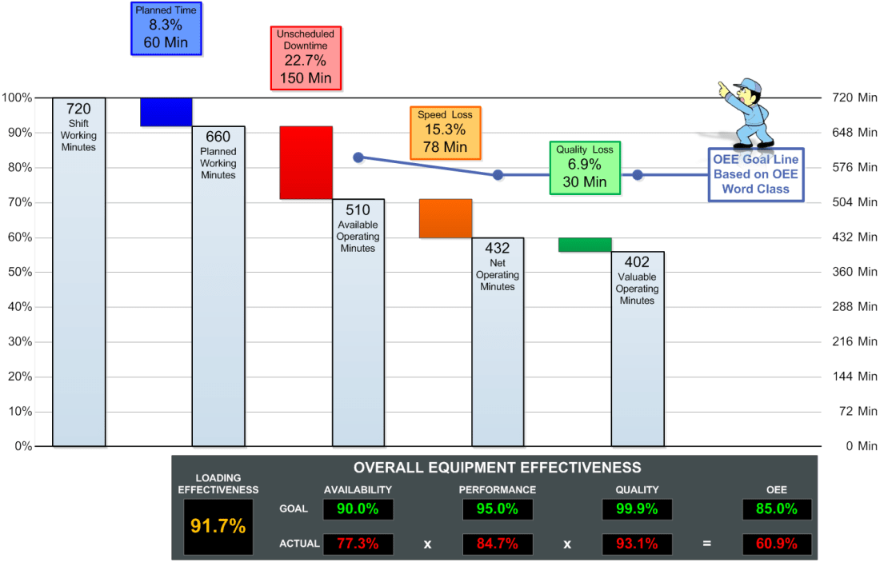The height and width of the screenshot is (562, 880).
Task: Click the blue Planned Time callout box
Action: [x=166, y=28]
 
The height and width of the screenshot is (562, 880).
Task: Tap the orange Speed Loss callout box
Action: [x=445, y=132]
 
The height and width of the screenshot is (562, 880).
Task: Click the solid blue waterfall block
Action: [x=166, y=112]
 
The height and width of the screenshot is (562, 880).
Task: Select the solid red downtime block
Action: [x=306, y=162]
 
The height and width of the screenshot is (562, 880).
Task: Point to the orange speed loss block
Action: [x=446, y=218]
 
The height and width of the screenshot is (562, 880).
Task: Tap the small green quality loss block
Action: [x=585, y=245]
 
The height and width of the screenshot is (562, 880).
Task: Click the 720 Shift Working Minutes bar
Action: [x=78, y=272]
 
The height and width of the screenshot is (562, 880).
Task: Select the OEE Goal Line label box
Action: [x=755, y=174]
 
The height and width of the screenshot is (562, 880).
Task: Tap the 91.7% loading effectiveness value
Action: [x=218, y=526]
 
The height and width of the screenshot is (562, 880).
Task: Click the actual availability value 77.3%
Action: [x=358, y=544]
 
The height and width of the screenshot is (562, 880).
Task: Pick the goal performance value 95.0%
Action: [x=497, y=509]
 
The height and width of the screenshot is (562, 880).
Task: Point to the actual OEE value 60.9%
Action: [x=776, y=544]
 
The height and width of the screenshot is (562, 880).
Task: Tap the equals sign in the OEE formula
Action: [x=706, y=544]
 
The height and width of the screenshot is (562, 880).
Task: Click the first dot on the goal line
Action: [x=358, y=157]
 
